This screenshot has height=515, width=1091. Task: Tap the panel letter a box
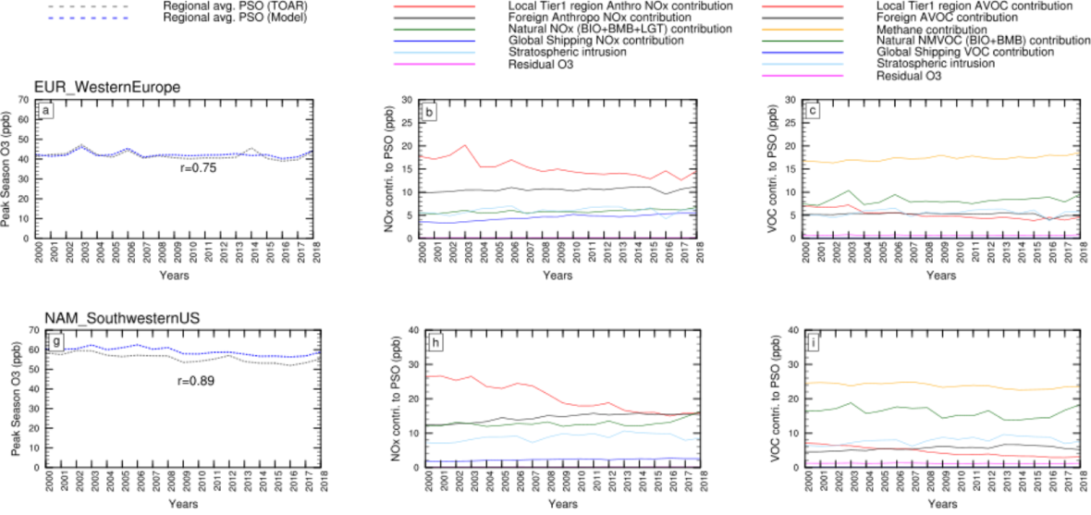(45, 111)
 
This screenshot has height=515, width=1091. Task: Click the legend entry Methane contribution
(935, 30)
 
